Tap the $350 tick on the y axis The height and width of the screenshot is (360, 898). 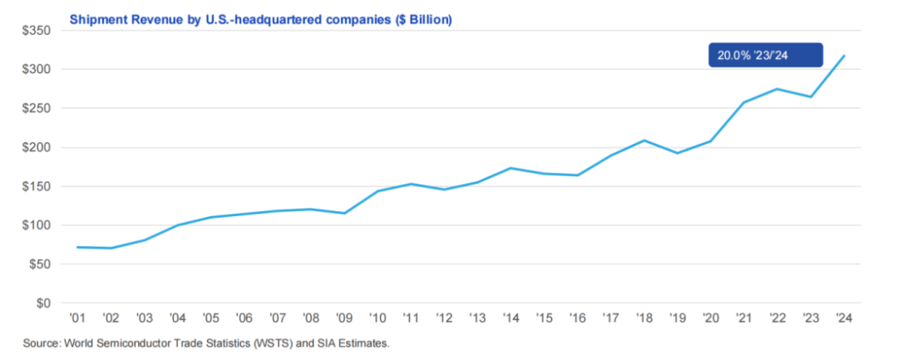[x=36, y=31]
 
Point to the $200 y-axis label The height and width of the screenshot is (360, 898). [x=36, y=148]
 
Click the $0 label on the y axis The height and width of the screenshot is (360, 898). [x=42, y=303]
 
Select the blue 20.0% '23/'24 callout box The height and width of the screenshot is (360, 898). [x=765, y=56]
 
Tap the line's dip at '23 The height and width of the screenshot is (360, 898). [x=812, y=97]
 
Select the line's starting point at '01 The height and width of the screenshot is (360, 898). [x=76, y=247]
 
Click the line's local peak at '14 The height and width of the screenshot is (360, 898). [x=511, y=168]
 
